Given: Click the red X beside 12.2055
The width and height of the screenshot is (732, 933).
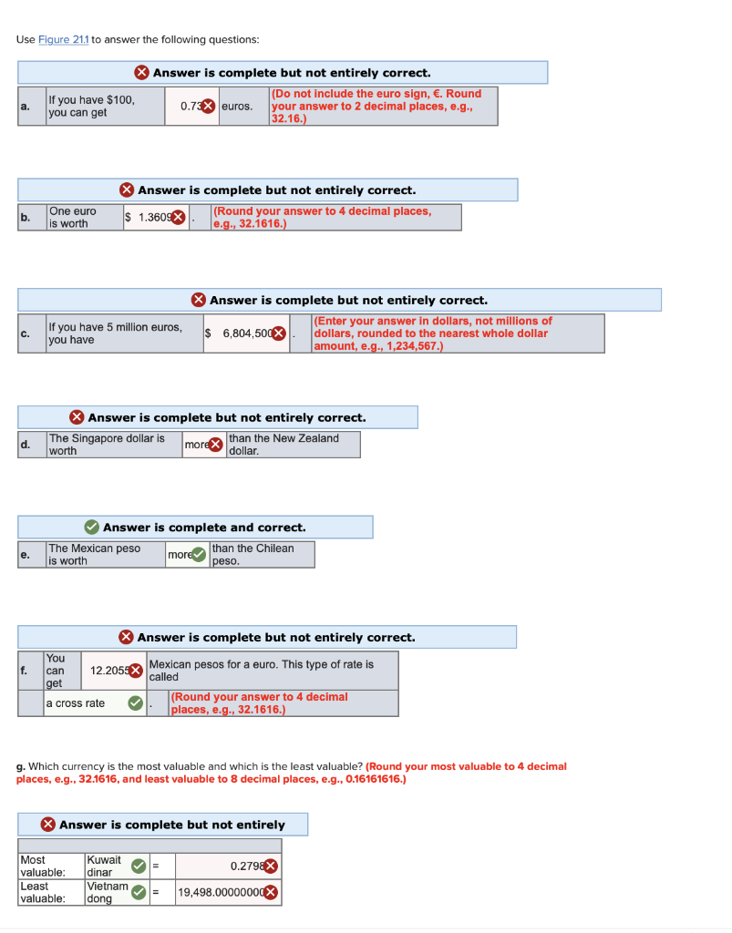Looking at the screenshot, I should coord(136,671).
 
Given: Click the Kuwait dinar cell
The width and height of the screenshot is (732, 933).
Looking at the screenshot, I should coord(105,866).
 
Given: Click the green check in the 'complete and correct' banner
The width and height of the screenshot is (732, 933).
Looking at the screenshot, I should coord(92,528).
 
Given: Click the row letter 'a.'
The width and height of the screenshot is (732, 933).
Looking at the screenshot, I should coord(26,107).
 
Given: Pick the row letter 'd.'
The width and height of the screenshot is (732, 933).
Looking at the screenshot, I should coord(26,445).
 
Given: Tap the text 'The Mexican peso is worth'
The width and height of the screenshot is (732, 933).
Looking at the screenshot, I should coord(94,554).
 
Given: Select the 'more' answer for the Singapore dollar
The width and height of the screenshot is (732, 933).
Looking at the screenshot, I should coord(196,445).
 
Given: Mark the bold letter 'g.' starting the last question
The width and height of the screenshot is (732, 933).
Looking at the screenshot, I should coord(21,766).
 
